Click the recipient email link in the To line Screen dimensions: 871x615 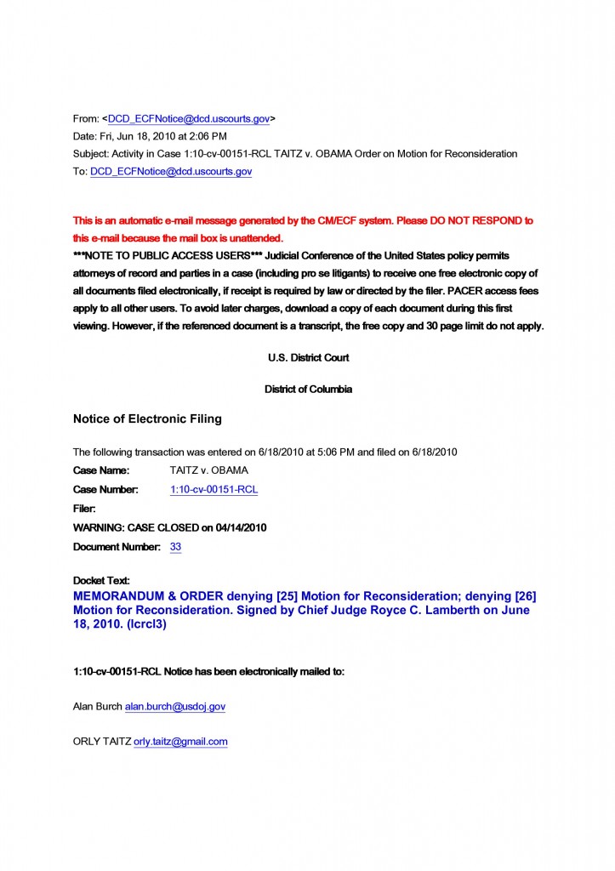pos(171,171)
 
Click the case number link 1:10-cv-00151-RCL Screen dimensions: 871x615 pos(214,490)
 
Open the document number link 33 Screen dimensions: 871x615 pos(175,547)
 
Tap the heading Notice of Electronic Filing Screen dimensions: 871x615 pos(147,418)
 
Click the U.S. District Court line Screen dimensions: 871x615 pos(308,358)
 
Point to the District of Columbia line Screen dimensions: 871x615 pos(308,390)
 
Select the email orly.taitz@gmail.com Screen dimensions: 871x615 pos(180,742)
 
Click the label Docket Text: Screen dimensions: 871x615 pos(101,580)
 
